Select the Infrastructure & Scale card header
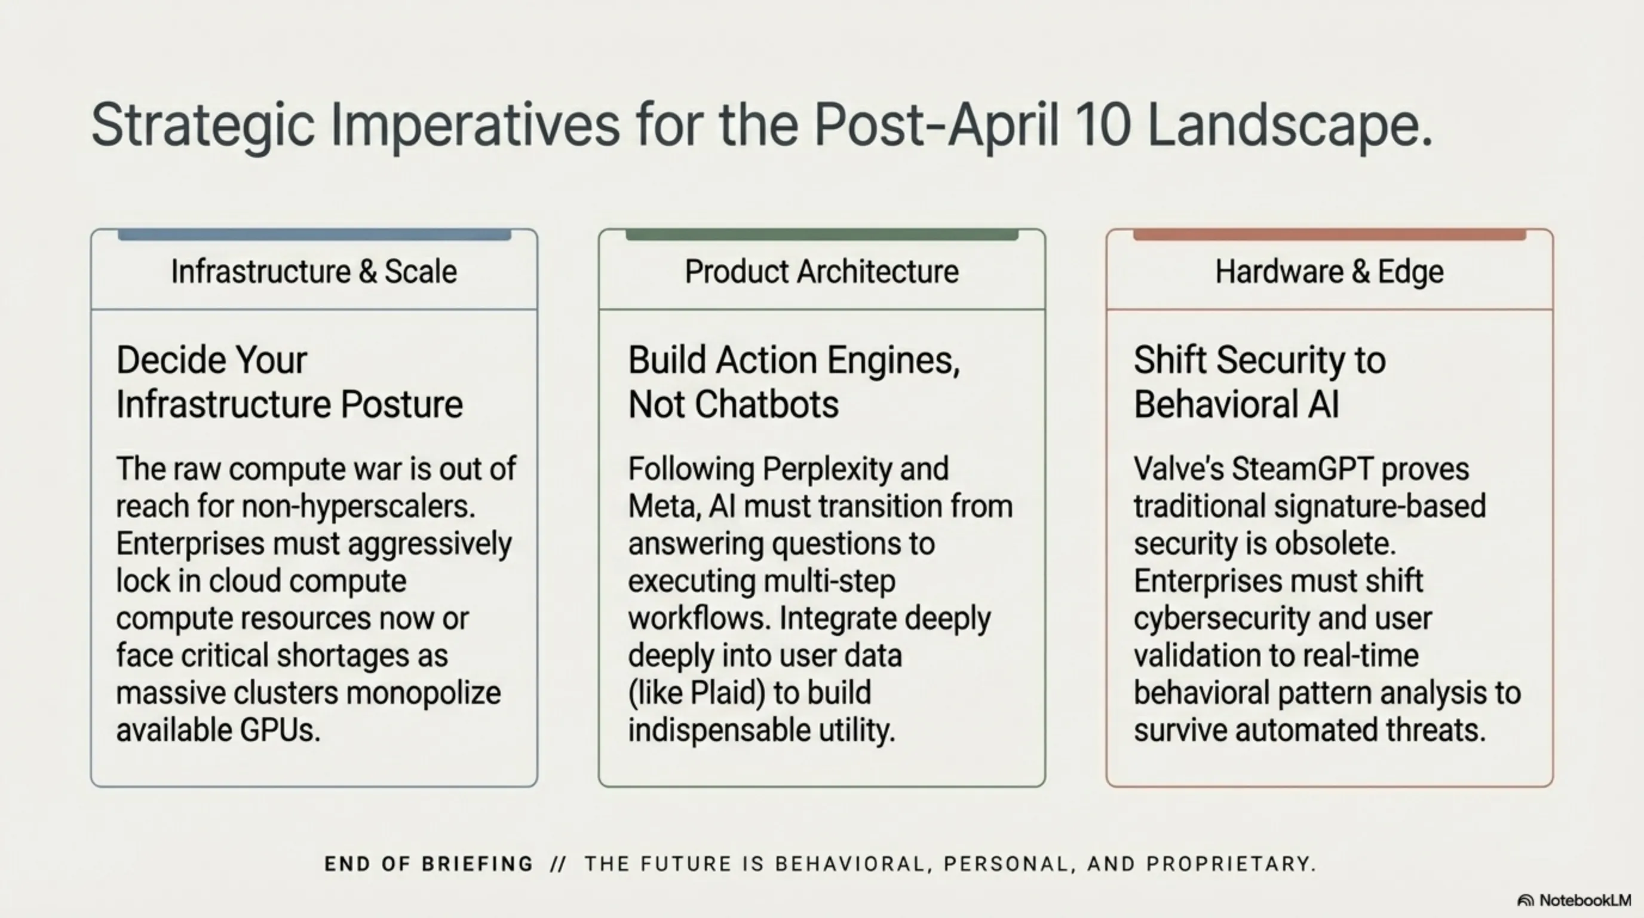(314, 272)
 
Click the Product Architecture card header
(821, 272)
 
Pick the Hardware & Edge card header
(1329, 272)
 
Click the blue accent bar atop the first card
(314, 235)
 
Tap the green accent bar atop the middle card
(821, 235)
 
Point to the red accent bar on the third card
(1329, 235)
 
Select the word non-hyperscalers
(358, 507)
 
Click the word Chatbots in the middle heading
(766, 405)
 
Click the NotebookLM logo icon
(1525, 901)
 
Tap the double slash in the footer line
(558, 864)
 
